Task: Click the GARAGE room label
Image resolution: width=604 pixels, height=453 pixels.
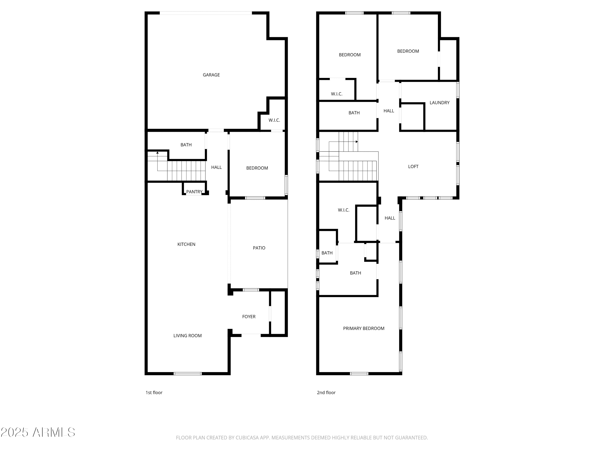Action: (211, 75)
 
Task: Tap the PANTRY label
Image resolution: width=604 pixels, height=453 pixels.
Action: (194, 192)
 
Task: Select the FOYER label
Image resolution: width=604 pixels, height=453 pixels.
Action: (249, 316)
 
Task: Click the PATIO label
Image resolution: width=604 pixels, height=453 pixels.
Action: (259, 248)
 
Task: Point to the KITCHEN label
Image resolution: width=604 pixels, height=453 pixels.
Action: (186, 244)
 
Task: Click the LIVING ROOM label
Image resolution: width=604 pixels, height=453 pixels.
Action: (187, 336)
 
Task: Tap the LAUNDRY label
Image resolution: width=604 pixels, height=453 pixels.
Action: (439, 103)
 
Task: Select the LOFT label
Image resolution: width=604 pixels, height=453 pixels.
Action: (413, 167)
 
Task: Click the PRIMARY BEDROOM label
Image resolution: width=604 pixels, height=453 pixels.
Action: (363, 329)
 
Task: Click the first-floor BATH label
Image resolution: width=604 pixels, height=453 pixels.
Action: (186, 145)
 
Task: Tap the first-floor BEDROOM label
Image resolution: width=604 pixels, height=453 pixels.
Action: (257, 168)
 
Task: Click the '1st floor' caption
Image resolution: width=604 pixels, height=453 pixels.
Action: (154, 393)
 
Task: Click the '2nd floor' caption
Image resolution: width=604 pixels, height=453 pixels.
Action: (326, 393)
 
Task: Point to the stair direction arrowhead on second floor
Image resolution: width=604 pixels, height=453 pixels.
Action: (357, 142)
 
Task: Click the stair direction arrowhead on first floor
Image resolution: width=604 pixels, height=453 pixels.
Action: (157, 153)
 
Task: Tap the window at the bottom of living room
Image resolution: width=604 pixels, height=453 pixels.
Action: (188, 373)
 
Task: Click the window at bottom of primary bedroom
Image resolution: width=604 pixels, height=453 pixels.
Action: (359, 373)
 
